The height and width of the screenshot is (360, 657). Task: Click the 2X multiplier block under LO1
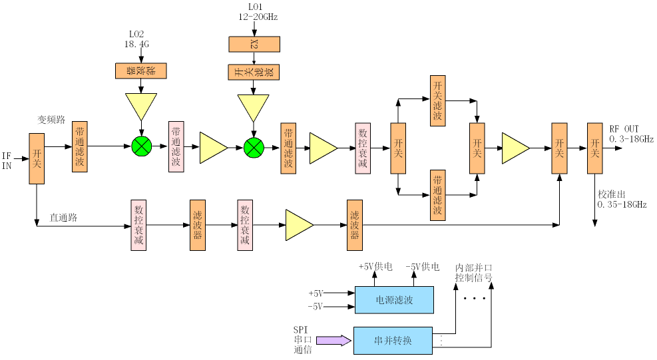point(254,44)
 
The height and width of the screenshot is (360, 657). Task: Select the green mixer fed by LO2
point(141,146)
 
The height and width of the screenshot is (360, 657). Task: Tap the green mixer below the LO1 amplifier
point(254,148)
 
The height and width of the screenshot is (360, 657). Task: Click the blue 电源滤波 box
point(394,299)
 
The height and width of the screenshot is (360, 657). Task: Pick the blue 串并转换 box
point(393,340)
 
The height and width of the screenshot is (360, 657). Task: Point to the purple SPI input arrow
point(333,340)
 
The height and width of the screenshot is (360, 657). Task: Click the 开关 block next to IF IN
point(37,158)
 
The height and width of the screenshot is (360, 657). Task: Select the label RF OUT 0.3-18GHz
point(631,134)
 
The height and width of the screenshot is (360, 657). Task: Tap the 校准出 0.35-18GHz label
point(622,200)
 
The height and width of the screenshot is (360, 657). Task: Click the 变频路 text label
point(51,120)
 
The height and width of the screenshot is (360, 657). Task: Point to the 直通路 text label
point(63,218)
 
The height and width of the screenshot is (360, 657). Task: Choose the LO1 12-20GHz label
point(258,12)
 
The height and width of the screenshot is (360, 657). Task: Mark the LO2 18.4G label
point(136,39)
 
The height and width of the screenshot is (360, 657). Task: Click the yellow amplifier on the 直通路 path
point(299,225)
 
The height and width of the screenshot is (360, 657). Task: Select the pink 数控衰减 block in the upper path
point(362,148)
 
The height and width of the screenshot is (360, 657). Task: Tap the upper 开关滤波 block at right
point(437,100)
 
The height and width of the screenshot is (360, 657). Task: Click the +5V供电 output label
point(375,267)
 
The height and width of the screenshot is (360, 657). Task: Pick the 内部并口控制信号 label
point(474,273)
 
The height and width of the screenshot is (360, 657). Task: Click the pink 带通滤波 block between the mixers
point(176,146)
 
